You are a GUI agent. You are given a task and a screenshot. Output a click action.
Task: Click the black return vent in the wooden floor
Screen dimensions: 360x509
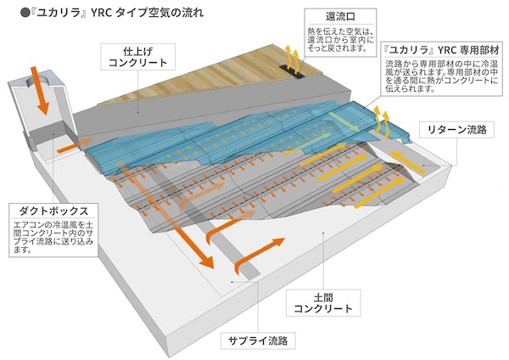tap(293, 67)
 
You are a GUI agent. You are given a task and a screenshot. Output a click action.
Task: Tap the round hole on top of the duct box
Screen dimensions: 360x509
tap(38, 79)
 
